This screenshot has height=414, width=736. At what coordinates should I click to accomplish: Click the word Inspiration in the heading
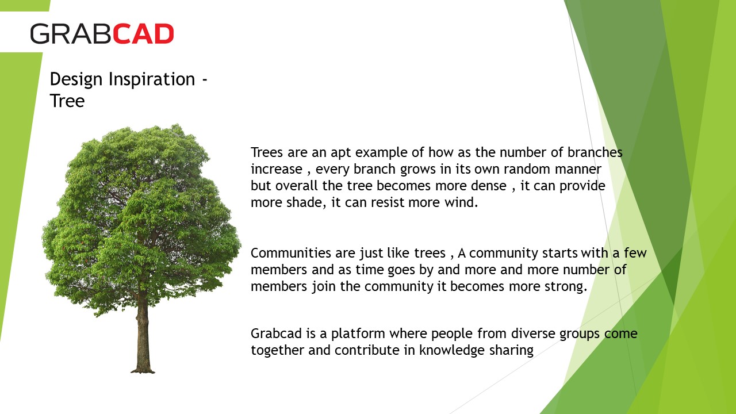[152, 80]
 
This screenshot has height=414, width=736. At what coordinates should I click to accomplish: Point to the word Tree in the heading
[67, 101]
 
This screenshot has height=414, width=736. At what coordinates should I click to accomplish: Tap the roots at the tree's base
[143, 371]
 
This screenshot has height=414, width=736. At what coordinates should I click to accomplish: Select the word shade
[306, 202]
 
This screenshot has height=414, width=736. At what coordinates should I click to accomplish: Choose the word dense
[489, 186]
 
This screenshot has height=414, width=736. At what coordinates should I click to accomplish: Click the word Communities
[291, 253]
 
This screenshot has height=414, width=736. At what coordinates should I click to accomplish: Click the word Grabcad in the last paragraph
[276, 333]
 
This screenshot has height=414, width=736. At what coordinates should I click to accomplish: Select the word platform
[358, 334]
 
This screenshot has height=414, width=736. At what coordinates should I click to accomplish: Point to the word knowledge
[451, 351]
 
